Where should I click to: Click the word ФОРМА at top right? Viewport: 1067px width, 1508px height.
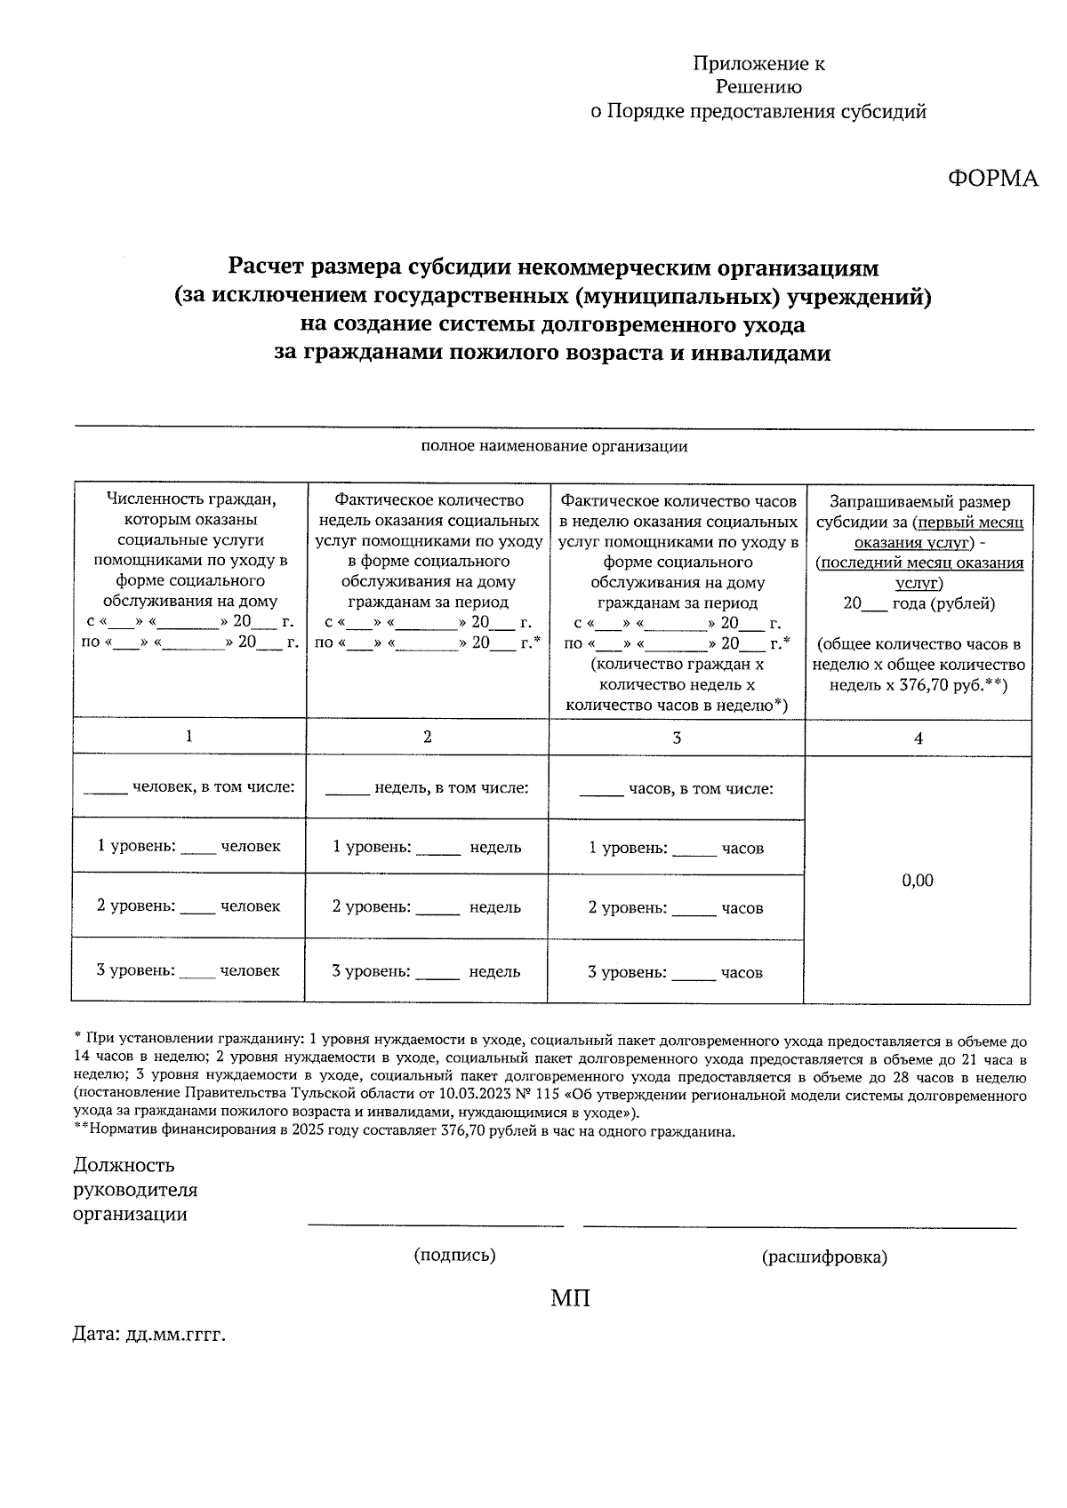pyautogui.click(x=992, y=179)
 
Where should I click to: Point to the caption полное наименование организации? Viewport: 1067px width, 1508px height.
pyautogui.click(x=554, y=446)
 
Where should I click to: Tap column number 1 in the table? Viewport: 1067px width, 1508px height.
pyautogui.click(x=188, y=736)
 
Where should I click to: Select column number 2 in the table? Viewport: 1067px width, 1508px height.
pyautogui.click(x=428, y=737)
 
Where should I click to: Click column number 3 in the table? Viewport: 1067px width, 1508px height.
pyautogui.click(x=677, y=738)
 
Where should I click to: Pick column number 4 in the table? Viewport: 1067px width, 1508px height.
pyautogui.click(x=919, y=738)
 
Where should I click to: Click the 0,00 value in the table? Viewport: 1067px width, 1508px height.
pyautogui.click(x=918, y=881)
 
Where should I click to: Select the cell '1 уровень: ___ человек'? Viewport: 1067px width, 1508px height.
pyautogui.click(x=189, y=846)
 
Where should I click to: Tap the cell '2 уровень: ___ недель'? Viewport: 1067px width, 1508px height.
pyautogui.click(x=427, y=907)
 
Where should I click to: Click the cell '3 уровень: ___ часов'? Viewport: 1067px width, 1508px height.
pyautogui.click(x=675, y=973)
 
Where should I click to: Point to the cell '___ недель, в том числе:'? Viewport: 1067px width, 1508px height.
pyautogui.click(x=427, y=788)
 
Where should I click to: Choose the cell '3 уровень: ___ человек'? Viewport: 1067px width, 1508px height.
pyautogui.click(x=188, y=971)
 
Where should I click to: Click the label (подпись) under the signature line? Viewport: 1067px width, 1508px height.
pyautogui.click(x=454, y=1256)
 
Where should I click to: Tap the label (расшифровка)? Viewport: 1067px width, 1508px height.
pyautogui.click(x=824, y=1257)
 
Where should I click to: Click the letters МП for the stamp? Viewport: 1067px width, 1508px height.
pyautogui.click(x=570, y=1299)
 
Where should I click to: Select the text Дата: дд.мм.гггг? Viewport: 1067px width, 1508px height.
pyautogui.click(x=149, y=1335)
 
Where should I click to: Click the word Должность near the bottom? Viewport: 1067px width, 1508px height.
pyautogui.click(x=124, y=1165)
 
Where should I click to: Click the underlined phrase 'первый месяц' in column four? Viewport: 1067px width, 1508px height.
pyautogui.click(x=973, y=523)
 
